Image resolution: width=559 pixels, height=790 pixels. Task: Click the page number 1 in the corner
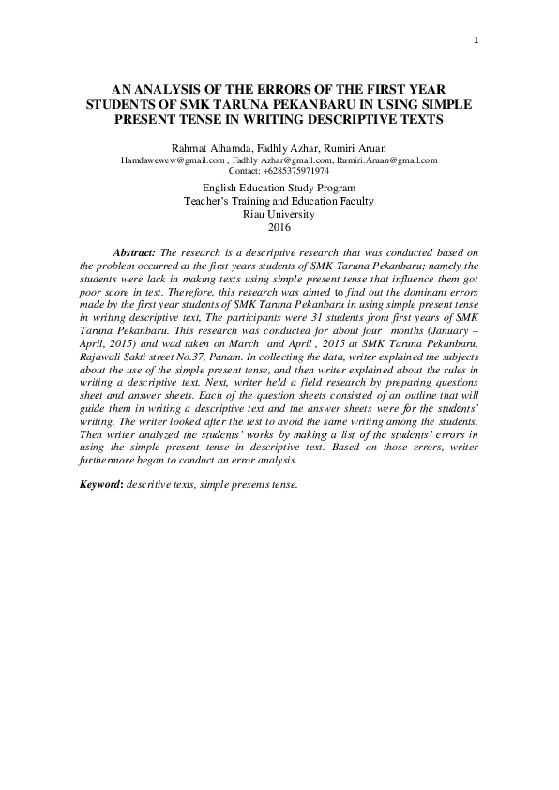pyautogui.click(x=476, y=40)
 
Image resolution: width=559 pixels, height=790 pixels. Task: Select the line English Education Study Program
pyautogui.click(x=279, y=188)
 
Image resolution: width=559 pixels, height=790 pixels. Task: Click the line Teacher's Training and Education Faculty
pyautogui.click(x=279, y=201)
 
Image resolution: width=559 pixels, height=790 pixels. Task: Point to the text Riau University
pyautogui.click(x=279, y=214)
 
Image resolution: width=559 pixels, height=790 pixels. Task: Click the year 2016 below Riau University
pyautogui.click(x=279, y=227)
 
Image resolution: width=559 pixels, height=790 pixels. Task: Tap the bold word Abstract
pyautogui.click(x=134, y=253)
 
